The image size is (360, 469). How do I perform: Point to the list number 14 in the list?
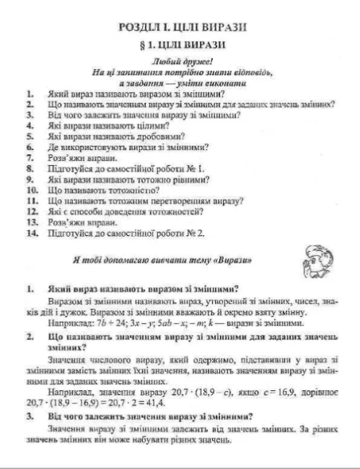30,234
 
